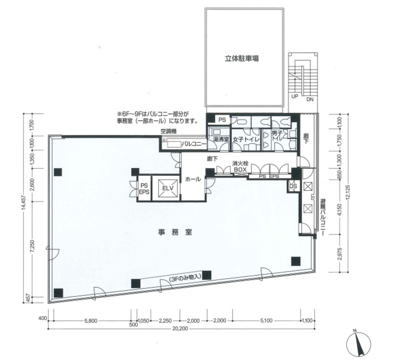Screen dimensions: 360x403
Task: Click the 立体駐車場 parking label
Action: click(242, 59)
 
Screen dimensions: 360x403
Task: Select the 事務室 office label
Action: click(175, 232)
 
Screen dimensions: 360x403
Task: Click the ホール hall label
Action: click(193, 179)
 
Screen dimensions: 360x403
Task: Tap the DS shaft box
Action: click(293, 186)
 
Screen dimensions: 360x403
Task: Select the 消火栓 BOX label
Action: click(240, 166)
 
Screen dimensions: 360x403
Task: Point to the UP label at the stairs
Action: click(295, 96)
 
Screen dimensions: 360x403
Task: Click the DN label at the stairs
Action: click(310, 99)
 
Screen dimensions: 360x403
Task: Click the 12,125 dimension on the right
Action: click(351, 192)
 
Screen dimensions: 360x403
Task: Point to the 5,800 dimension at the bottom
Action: click(91, 321)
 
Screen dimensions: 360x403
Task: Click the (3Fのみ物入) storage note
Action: click(185, 278)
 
